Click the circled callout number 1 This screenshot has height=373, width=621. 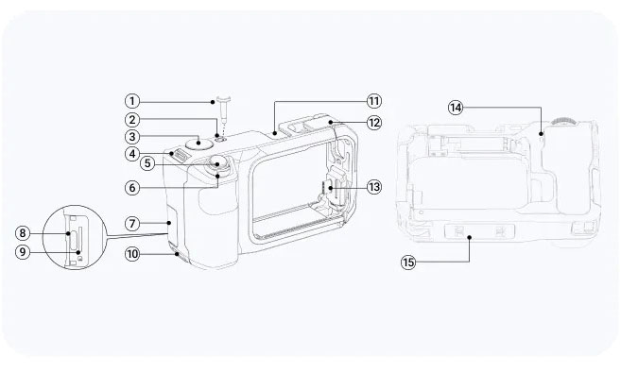pos(132,101)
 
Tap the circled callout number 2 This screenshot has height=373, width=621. pos(132,120)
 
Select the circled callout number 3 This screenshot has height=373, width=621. pos(132,137)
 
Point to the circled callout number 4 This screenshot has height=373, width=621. pos(132,154)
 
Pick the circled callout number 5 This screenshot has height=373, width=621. pos(147,163)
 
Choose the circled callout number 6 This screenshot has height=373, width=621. pos(132,188)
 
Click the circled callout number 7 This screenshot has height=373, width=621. pos(132,224)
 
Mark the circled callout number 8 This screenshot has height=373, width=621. pos(23,233)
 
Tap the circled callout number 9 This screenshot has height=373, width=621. pos(23,251)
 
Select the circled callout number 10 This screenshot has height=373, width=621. pos(132,253)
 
